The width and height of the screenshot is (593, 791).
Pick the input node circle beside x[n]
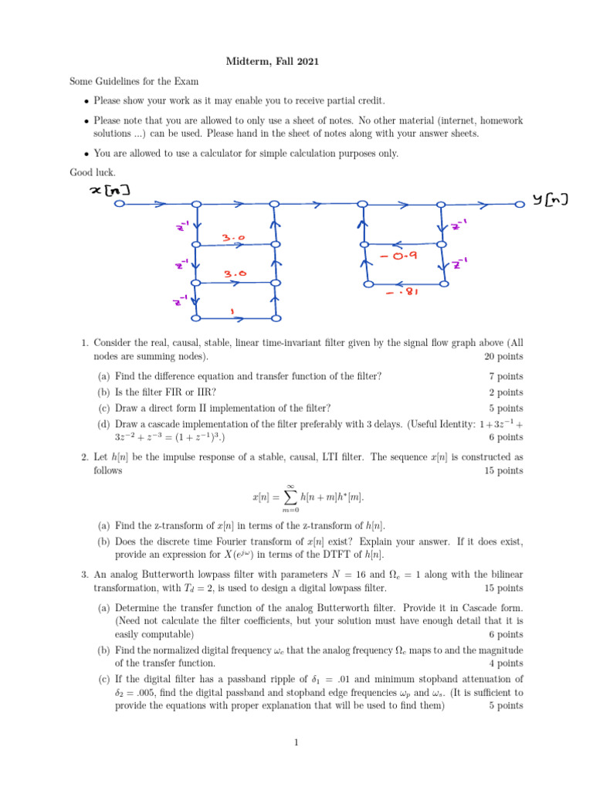[x=120, y=205]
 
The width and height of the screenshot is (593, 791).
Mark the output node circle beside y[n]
[x=520, y=205]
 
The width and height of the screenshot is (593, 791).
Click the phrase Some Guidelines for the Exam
[x=134, y=81]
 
